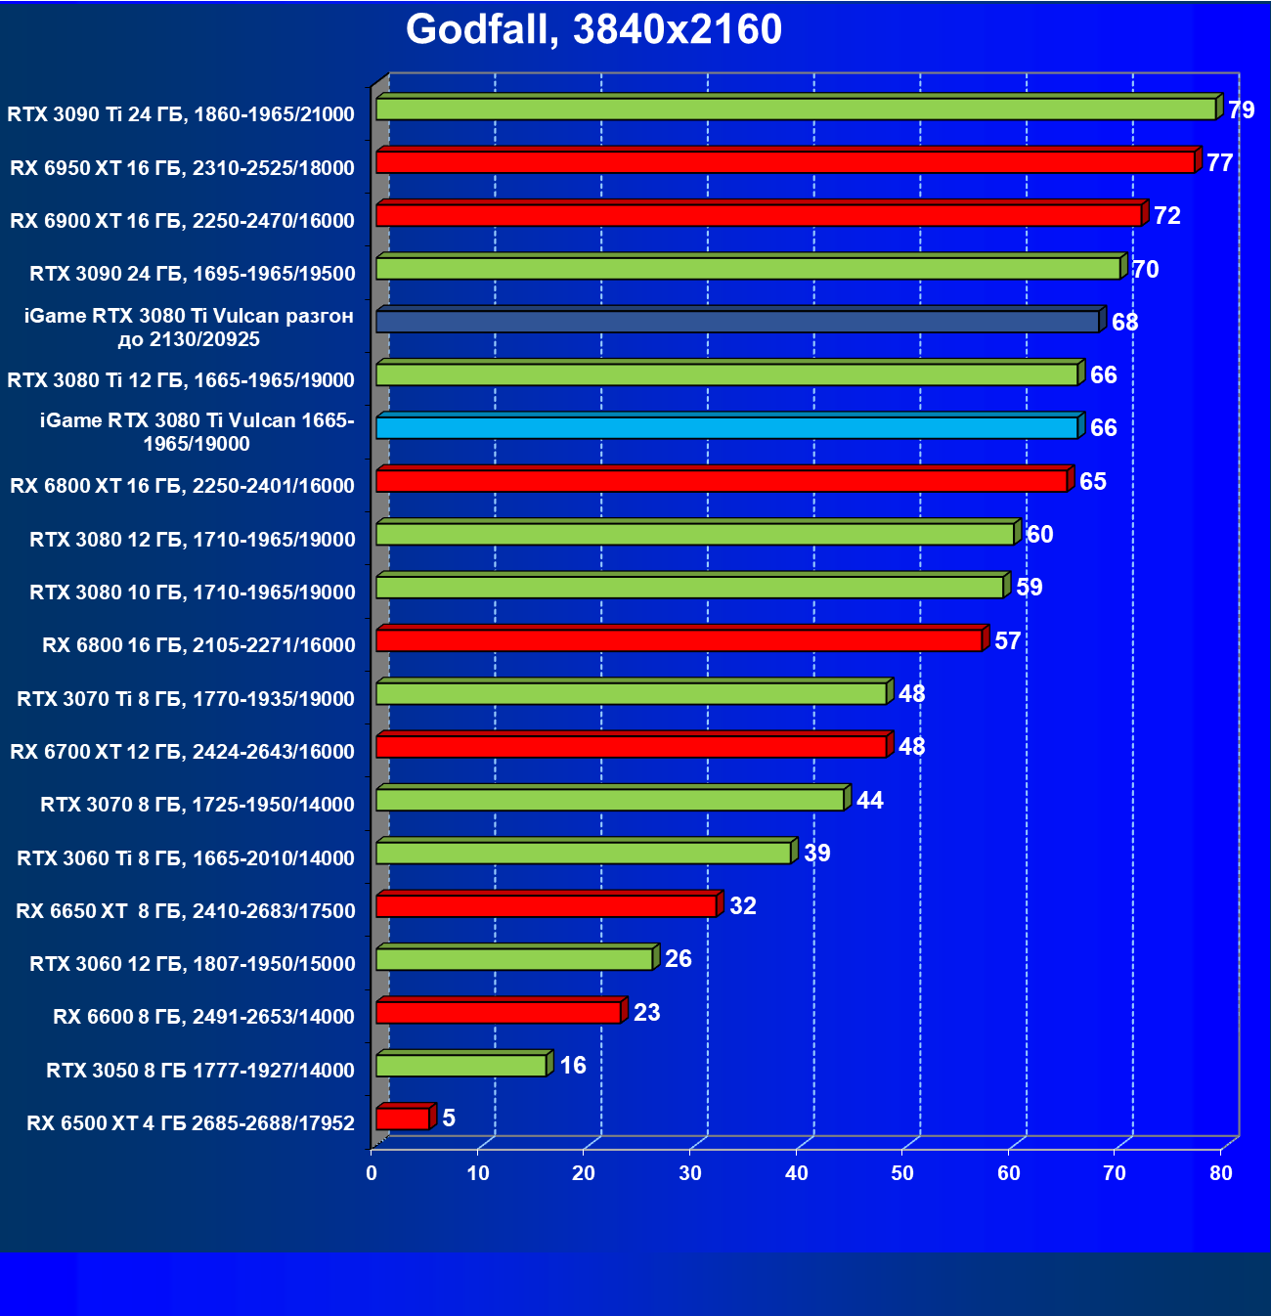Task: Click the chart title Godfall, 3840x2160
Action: [x=593, y=30]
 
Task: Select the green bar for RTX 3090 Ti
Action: [x=796, y=109]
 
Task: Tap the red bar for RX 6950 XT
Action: [x=785, y=162]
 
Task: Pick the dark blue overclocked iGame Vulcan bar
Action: [x=737, y=321]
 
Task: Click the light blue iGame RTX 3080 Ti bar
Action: [x=726, y=427]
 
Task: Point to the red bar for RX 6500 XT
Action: [x=403, y=1119]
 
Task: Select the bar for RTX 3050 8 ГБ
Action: [x=461, y=1065]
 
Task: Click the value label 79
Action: [x=1241, y=110]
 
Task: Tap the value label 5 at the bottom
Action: [x=449, y=1118]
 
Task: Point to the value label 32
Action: [x=743, y=905]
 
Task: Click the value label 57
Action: [x=1007, y=640]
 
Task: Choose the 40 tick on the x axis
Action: [x=797, y=1173]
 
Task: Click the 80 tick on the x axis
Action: [x=1221, y=1173]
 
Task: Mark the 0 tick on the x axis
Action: [x=372, y=1173]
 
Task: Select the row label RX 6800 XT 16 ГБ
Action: [x=182, y=486]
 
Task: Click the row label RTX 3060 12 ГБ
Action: [x=193, y=964]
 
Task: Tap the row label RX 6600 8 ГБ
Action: [x=203, y=1017]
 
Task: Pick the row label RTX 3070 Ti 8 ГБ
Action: [x=186, y=699]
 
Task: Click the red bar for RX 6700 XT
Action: [x=631, y=747]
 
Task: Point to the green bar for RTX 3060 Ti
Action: [x=583, y=853]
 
